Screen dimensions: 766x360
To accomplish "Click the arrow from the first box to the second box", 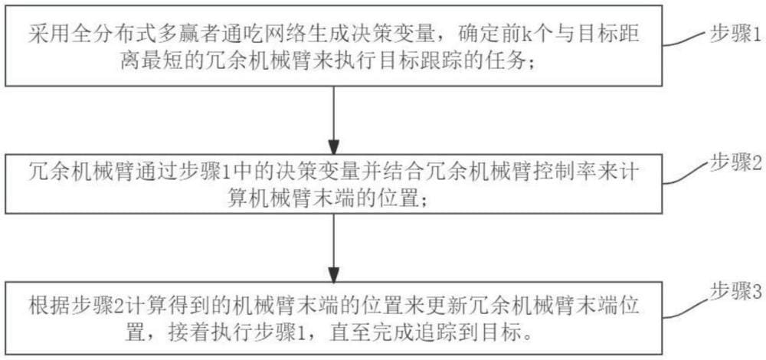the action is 334,119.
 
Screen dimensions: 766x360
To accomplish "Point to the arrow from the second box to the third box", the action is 334,247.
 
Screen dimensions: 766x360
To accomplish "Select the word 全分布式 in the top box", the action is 102,36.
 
